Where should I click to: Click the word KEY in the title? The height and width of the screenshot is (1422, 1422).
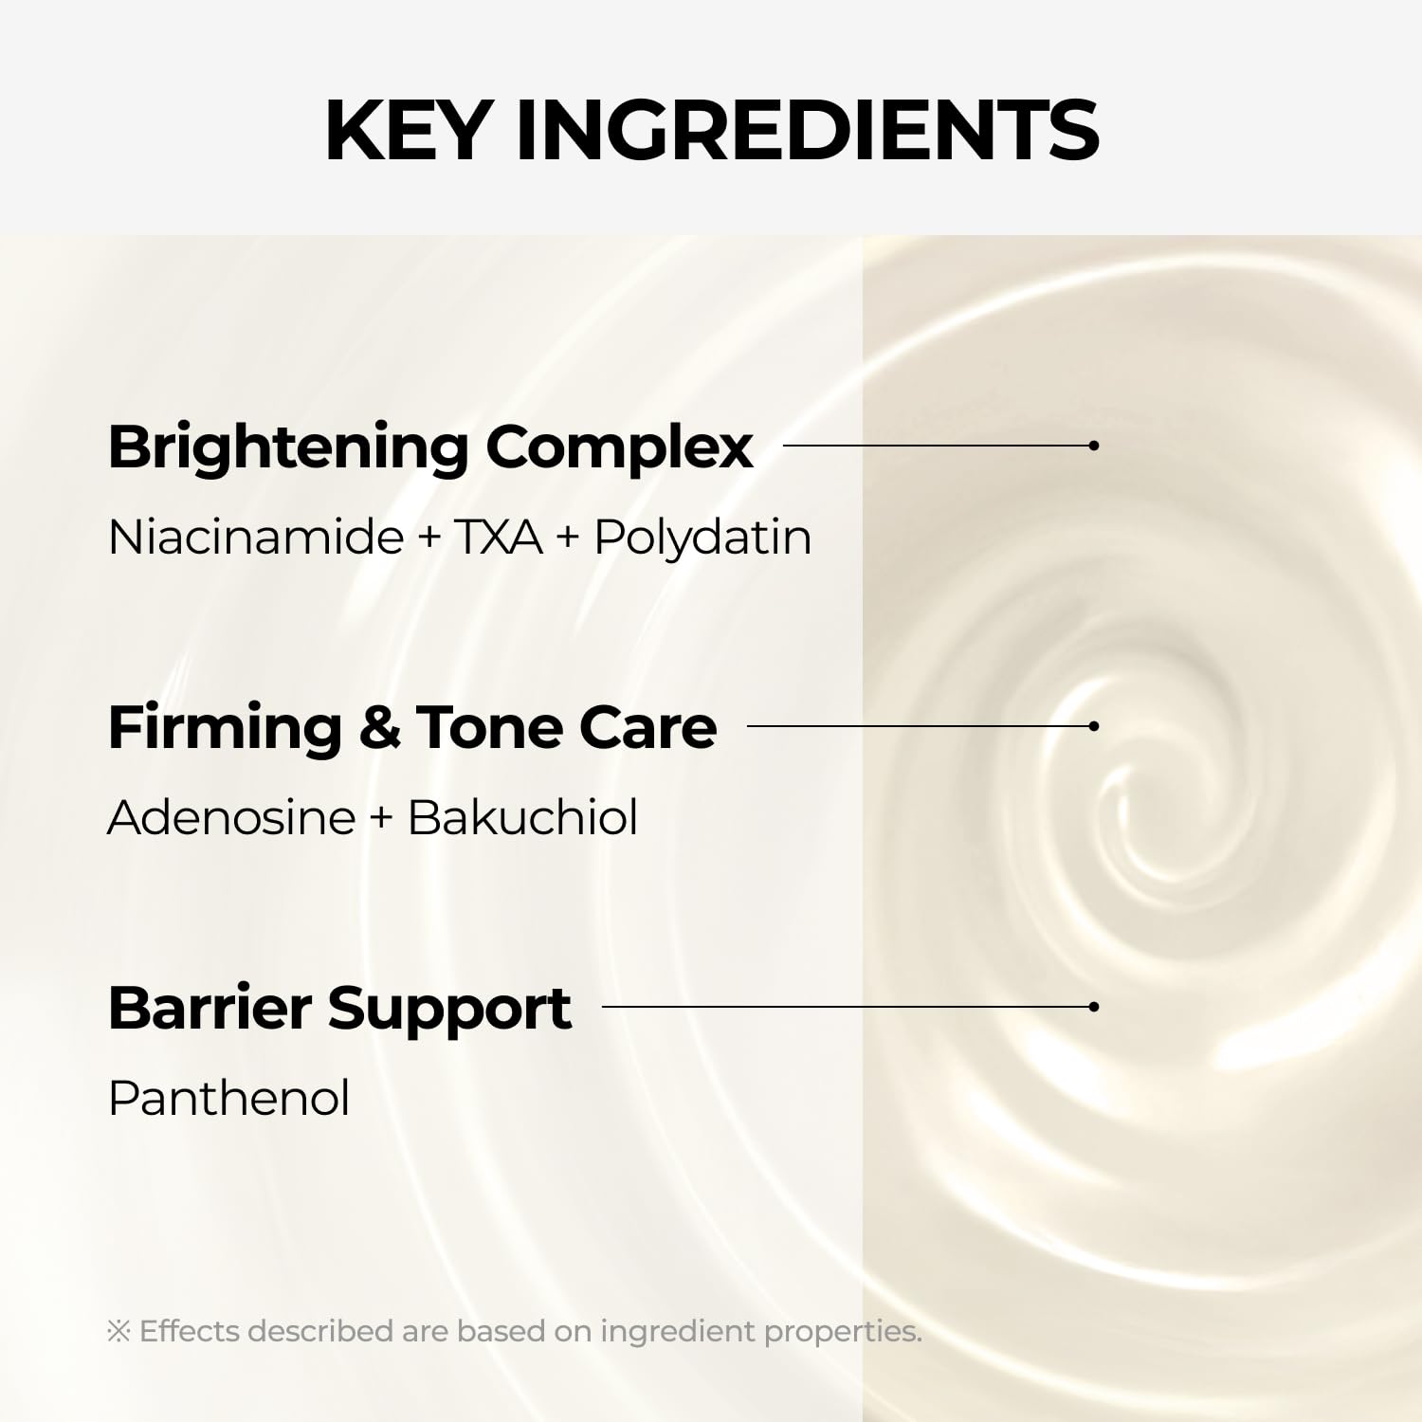[408, 130]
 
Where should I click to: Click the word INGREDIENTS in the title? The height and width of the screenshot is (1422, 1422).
[807, 130]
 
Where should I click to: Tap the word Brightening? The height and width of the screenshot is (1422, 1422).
[287, 447]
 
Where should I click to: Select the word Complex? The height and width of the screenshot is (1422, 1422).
[619, 447]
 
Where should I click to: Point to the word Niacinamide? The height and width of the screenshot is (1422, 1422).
[256, 538]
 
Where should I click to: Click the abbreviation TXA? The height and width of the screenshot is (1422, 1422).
[499, 538]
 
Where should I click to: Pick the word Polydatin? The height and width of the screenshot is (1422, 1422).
[702, 538]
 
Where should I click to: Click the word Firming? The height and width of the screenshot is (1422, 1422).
[225, 728]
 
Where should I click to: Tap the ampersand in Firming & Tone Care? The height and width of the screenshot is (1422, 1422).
[379, 728]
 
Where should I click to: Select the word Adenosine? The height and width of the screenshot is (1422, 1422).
[231, 817]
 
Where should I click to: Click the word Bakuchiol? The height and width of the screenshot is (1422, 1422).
[522, 817]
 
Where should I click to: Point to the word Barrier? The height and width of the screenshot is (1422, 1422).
[210, 1008]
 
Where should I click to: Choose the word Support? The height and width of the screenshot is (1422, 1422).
[449, 1010]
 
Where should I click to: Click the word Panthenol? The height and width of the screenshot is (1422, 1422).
[228, 1099]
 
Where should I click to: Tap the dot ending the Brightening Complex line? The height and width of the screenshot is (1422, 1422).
[1094, 446]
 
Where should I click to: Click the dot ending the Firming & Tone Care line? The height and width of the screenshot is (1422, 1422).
[1094, 726]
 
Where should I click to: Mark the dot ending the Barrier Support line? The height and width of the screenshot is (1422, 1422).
[1094, 1007]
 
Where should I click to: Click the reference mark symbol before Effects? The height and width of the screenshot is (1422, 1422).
[118, 1332]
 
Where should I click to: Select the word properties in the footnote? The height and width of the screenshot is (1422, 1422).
[842, 1332]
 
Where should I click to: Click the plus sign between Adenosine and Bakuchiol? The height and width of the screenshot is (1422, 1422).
[381, 819]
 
